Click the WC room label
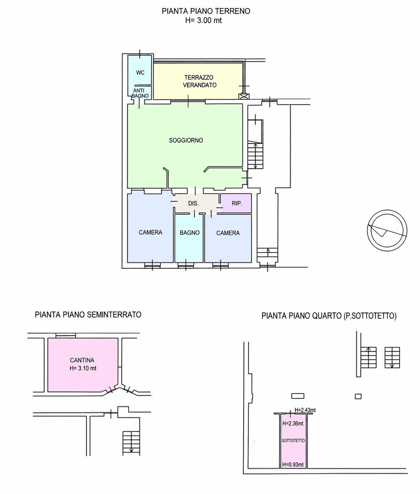140,72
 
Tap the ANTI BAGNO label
140,93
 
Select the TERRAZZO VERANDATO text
200,81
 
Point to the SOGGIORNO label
186,140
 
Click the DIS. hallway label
193,204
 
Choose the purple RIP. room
236,203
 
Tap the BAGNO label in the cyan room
190,233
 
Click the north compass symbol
387,230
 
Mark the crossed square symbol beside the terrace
244,97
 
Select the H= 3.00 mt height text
204,21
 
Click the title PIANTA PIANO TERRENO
206,11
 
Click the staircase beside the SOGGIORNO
255,156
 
